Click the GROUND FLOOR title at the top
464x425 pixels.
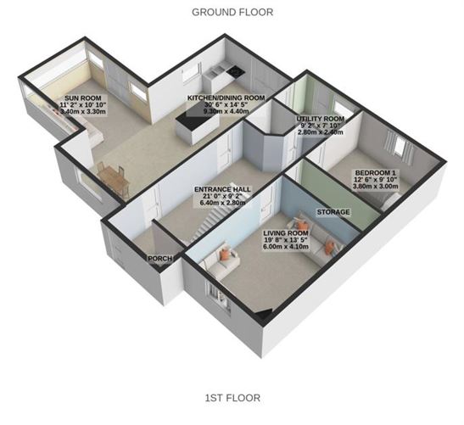[231, 11]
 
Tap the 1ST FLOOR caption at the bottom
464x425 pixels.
[231, 397]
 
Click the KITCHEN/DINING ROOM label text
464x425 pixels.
[226, 98]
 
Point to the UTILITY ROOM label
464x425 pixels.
[320, 119]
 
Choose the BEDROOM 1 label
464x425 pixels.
[377, 171]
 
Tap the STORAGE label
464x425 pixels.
[333, 210]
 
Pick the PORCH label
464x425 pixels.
[159, 258]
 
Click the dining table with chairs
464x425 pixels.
[112, 178]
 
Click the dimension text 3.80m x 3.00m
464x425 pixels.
[377, 187]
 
